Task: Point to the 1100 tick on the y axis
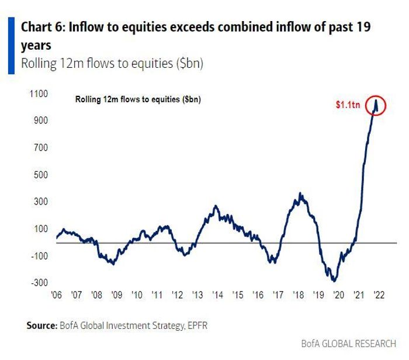(x=39, y=94)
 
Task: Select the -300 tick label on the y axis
(x=39, y=282)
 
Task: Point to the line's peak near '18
(x=300, y=193)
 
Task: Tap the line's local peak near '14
(x=216, y=206)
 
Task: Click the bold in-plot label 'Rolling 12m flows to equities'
(x=138, y=99)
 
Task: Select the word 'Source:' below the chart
(x=40, y=325)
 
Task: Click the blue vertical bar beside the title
(x=11, y=46)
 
